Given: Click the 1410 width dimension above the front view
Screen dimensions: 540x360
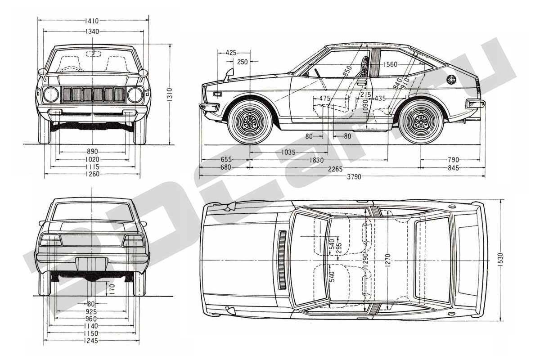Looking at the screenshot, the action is (92, 21).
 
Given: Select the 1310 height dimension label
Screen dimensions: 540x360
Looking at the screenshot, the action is (170, 94).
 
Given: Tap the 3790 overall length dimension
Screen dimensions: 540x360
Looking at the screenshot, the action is (354, 177).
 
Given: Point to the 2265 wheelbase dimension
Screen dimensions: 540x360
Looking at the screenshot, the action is (335, 169).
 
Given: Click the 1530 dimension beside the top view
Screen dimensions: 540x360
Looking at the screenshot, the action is (499, 260).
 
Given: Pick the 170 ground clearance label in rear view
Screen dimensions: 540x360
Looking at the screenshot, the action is (112, 289).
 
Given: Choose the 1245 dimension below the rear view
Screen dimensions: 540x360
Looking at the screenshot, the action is (91, 341).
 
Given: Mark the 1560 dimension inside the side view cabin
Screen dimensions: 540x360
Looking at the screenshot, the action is (390, 64).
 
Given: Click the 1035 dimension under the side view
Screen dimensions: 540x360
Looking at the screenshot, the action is (288, 153).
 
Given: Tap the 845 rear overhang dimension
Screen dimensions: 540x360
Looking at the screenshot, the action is (453, 168).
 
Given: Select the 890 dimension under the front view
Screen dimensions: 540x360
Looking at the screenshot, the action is (92, 152).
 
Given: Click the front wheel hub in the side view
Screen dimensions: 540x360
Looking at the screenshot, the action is (250, 122).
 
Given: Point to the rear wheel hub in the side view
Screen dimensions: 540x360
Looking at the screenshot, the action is (421, 122).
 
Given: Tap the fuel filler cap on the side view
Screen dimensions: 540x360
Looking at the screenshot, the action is (451, 80).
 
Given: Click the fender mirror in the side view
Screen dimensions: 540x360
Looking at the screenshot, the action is (229, 74).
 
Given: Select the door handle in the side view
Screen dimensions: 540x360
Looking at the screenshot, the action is (361, 82).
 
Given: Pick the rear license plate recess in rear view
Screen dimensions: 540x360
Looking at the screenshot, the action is (92, 264).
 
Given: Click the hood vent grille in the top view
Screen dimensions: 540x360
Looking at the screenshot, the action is (282, 260).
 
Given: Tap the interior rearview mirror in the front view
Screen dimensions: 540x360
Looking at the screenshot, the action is (94, 54).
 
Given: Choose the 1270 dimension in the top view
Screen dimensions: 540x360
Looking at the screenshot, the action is (387, 260).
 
